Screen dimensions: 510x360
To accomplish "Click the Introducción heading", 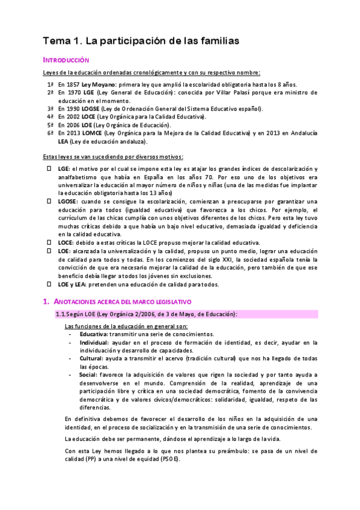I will coord(66,60).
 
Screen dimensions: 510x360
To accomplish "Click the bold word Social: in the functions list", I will coord(89,375).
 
